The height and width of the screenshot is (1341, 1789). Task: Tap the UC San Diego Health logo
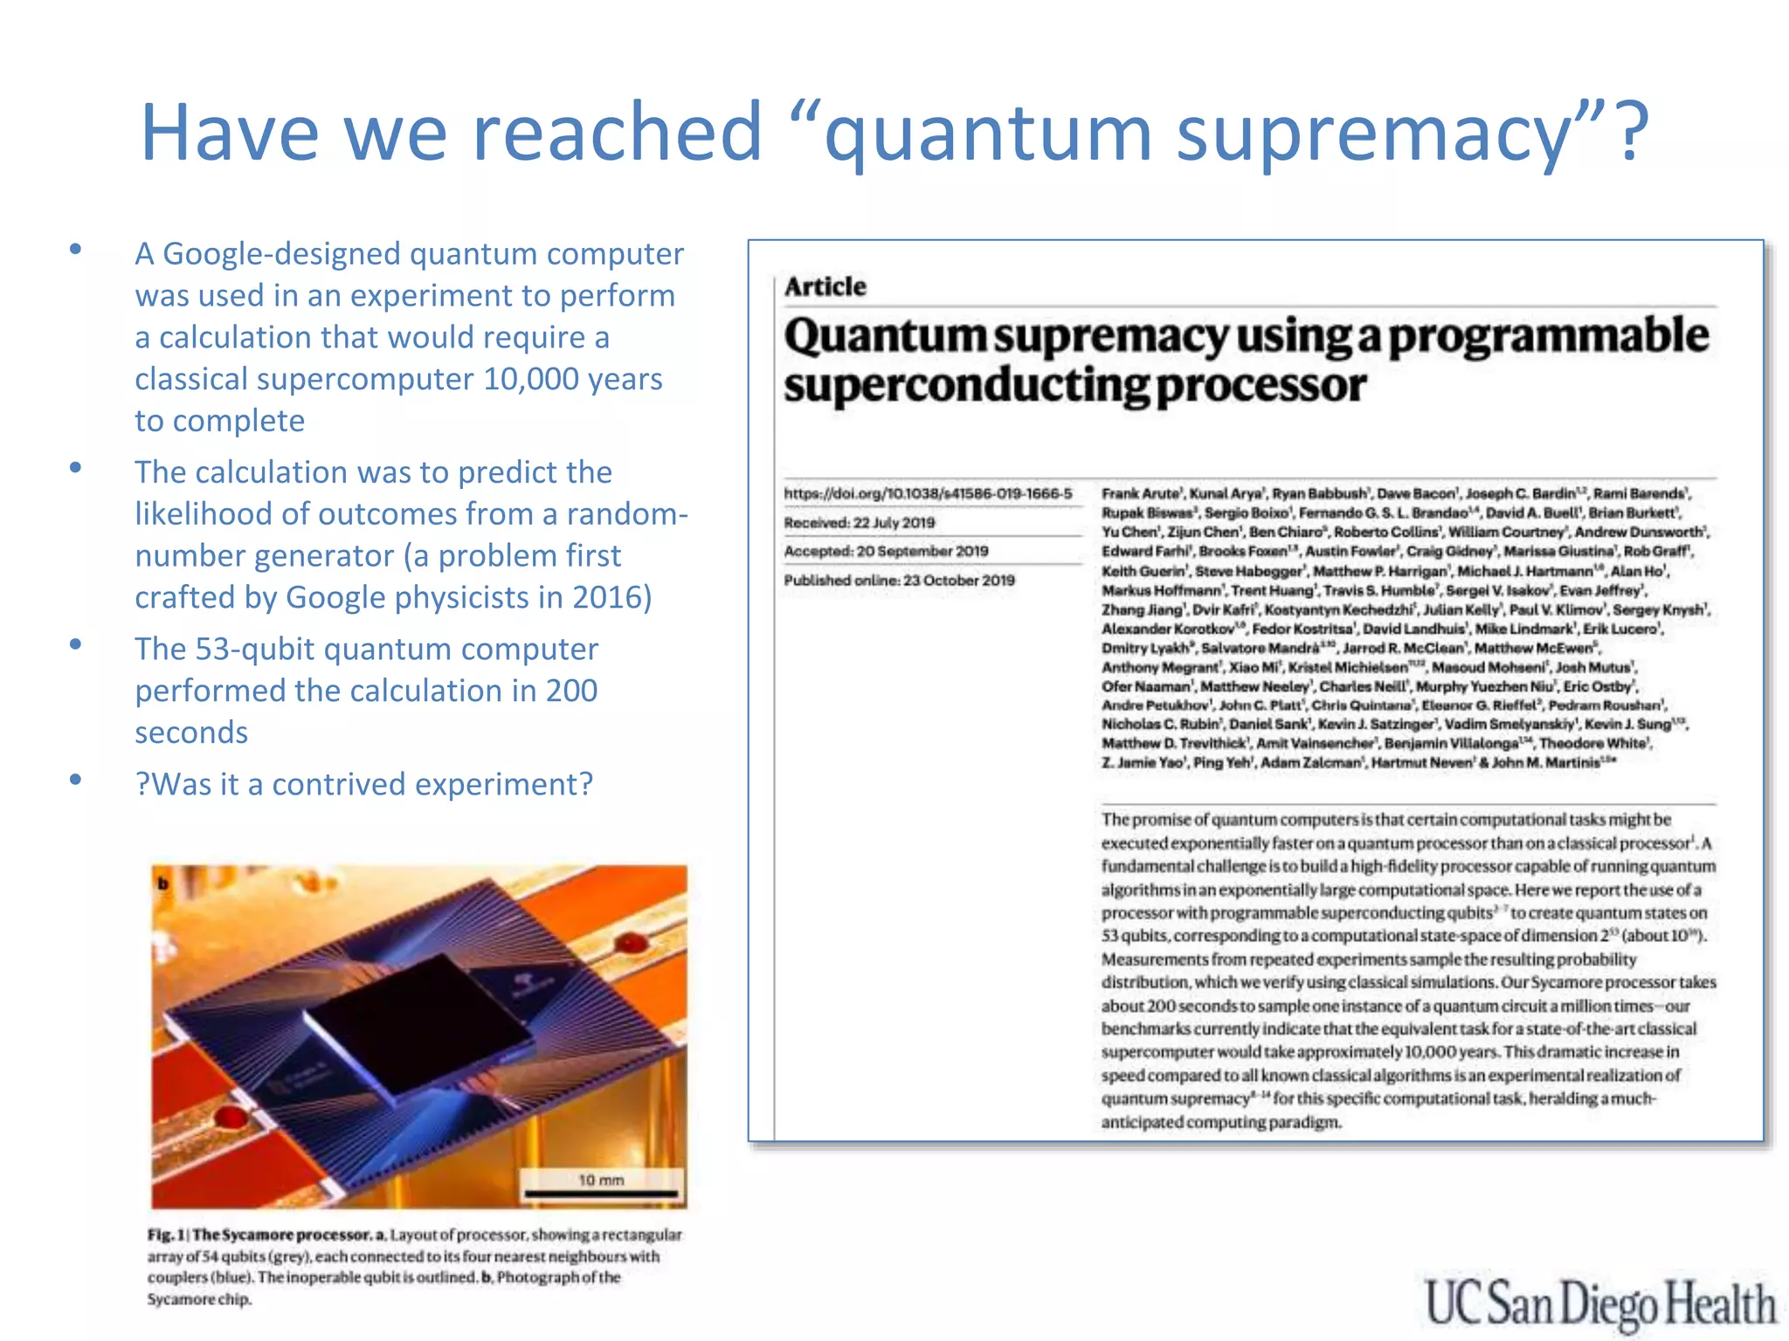click(1599, 1303)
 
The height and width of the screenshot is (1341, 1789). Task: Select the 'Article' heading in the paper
click(825, 286)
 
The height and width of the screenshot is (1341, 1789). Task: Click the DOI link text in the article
click(927, 493)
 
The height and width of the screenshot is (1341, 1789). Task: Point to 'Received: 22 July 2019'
click(859, 522)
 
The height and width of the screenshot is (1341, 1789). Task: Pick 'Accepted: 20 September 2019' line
click(885, 551)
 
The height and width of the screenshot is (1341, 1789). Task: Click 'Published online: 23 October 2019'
click(899, 580)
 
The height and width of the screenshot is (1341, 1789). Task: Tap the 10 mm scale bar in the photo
click(601, 1192)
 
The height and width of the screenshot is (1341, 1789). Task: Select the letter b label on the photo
click(162, 884)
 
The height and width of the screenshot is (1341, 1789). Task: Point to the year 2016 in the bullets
click(606, 597)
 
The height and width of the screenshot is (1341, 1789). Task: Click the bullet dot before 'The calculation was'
click(76, 468)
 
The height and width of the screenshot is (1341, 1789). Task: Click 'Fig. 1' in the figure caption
click(166, 1234)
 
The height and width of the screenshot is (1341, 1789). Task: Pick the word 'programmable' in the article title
click(1548, 335)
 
